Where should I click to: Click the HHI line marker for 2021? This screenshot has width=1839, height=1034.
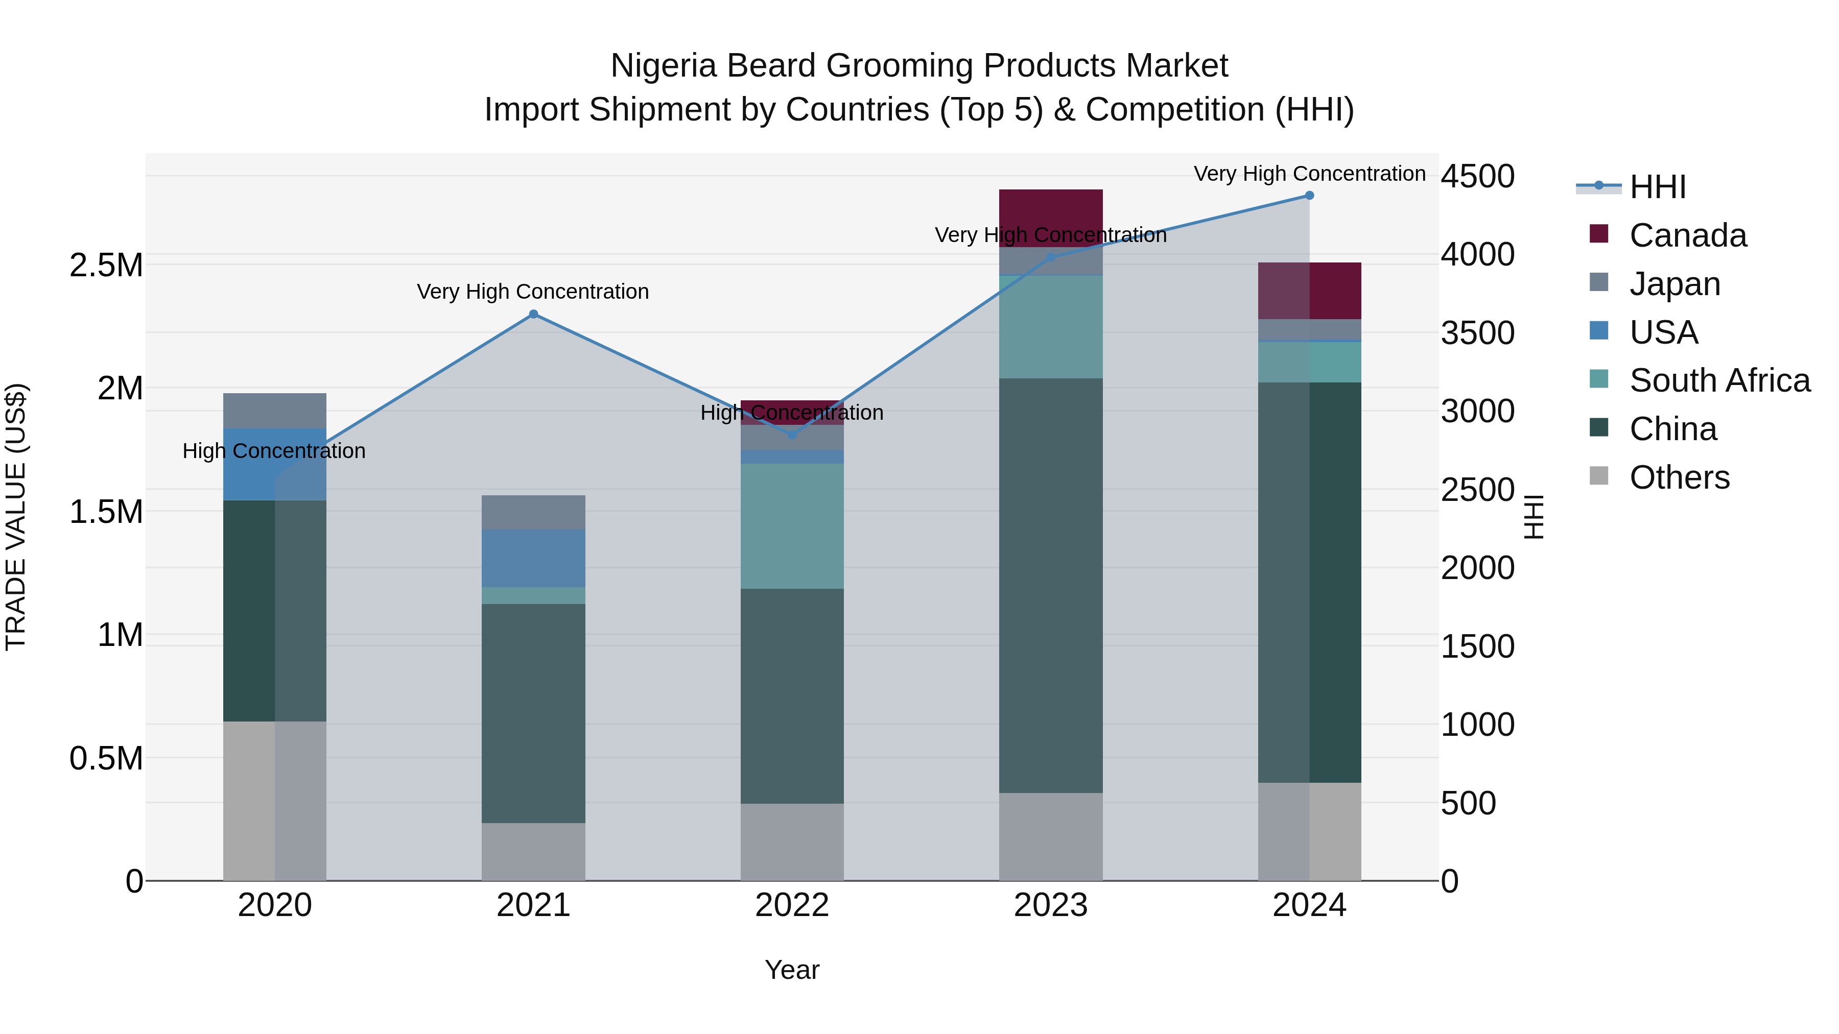tap(533, 314)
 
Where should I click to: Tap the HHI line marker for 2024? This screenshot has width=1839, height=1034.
tap(1309, 196)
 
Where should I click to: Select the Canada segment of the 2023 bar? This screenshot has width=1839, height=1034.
tap(1051, 214)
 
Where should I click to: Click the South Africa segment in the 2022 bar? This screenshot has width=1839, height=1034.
tap(792, 526)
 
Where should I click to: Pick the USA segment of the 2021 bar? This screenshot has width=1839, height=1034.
tap(533, 558)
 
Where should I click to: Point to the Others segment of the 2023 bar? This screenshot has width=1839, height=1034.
tap(1051, 836)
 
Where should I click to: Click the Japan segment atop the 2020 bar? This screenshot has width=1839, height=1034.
tap(275, 411)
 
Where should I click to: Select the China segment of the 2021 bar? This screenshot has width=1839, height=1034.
tap(533, 714)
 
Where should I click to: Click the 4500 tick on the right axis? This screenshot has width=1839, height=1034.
tap(1477, 176)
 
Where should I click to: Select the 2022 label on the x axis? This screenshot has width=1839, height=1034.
tap(792, 905)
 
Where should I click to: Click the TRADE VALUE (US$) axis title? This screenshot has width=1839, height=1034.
tap(16, 517)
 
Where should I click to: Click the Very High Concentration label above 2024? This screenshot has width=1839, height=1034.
tap(1309, 174)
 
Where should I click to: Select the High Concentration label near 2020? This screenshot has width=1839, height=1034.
tap(274, 451)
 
